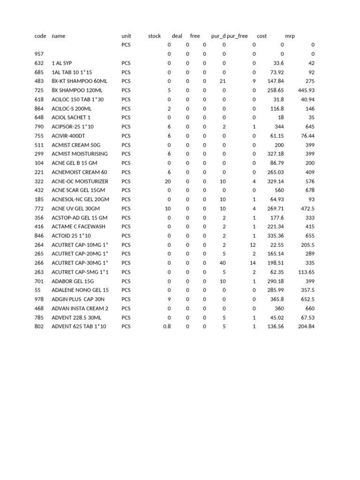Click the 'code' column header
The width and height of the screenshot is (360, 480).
pos(40,36)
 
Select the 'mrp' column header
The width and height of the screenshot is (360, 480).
pos(290,36)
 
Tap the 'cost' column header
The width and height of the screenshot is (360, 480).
pos(262,36)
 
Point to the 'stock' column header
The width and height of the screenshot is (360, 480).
pos(154,36)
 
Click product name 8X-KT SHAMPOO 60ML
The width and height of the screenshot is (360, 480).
pos(79,81)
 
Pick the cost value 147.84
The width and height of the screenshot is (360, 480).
pos(275,81)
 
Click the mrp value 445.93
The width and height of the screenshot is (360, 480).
pos(306,90)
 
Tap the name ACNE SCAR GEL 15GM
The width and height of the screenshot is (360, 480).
pos(78,190)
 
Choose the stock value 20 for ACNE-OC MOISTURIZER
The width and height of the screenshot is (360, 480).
pos(168,181)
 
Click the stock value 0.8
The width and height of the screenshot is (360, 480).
pos(167,326)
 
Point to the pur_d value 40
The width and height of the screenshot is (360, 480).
pos(223,263)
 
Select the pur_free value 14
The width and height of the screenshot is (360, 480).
pos(253,263)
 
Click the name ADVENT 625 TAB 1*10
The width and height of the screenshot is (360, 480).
pos(79,326)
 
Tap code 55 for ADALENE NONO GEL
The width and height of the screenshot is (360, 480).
pos(37,290)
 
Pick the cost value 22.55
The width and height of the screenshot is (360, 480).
pos(277,245)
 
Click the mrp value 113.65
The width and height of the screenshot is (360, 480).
pos(306,272)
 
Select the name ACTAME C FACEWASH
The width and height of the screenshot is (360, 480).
pos(78,226)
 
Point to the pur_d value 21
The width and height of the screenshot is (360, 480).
pos(223,81)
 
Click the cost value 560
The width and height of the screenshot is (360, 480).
pos(279,190)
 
